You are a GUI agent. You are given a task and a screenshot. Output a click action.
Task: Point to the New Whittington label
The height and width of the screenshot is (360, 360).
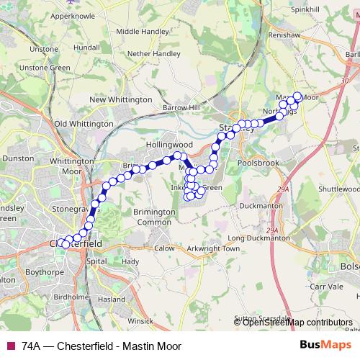point(119,100)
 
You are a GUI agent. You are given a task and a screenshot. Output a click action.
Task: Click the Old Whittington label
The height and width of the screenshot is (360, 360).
point(84,124)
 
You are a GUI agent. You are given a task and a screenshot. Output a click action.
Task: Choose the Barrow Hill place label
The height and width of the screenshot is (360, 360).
point(184,108)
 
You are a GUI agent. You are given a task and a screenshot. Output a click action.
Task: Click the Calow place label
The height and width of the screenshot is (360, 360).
point(164,248)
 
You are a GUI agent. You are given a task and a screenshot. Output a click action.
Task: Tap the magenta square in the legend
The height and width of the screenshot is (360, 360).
point(10,345)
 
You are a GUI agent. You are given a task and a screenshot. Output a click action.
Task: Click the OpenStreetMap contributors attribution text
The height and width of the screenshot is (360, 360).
point(297,322)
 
